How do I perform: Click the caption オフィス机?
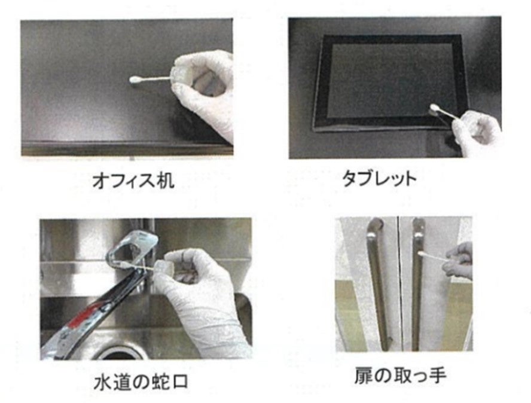(133, 181)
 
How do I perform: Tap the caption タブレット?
(379, 178)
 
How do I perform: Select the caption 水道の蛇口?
(141, 382)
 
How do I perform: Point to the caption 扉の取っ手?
(400, 375)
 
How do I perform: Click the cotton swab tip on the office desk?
(135, 80)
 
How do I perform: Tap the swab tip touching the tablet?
(434, 108)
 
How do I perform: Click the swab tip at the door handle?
(421, 254)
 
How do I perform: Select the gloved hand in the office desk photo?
(204, 91)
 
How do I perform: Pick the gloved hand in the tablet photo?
(477, 133)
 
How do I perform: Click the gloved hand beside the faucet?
(200, 298)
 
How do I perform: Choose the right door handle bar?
(417, 285)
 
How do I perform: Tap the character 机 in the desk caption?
(166, 181)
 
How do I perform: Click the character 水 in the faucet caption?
(102, 382)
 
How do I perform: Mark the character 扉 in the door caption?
(363, 375)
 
